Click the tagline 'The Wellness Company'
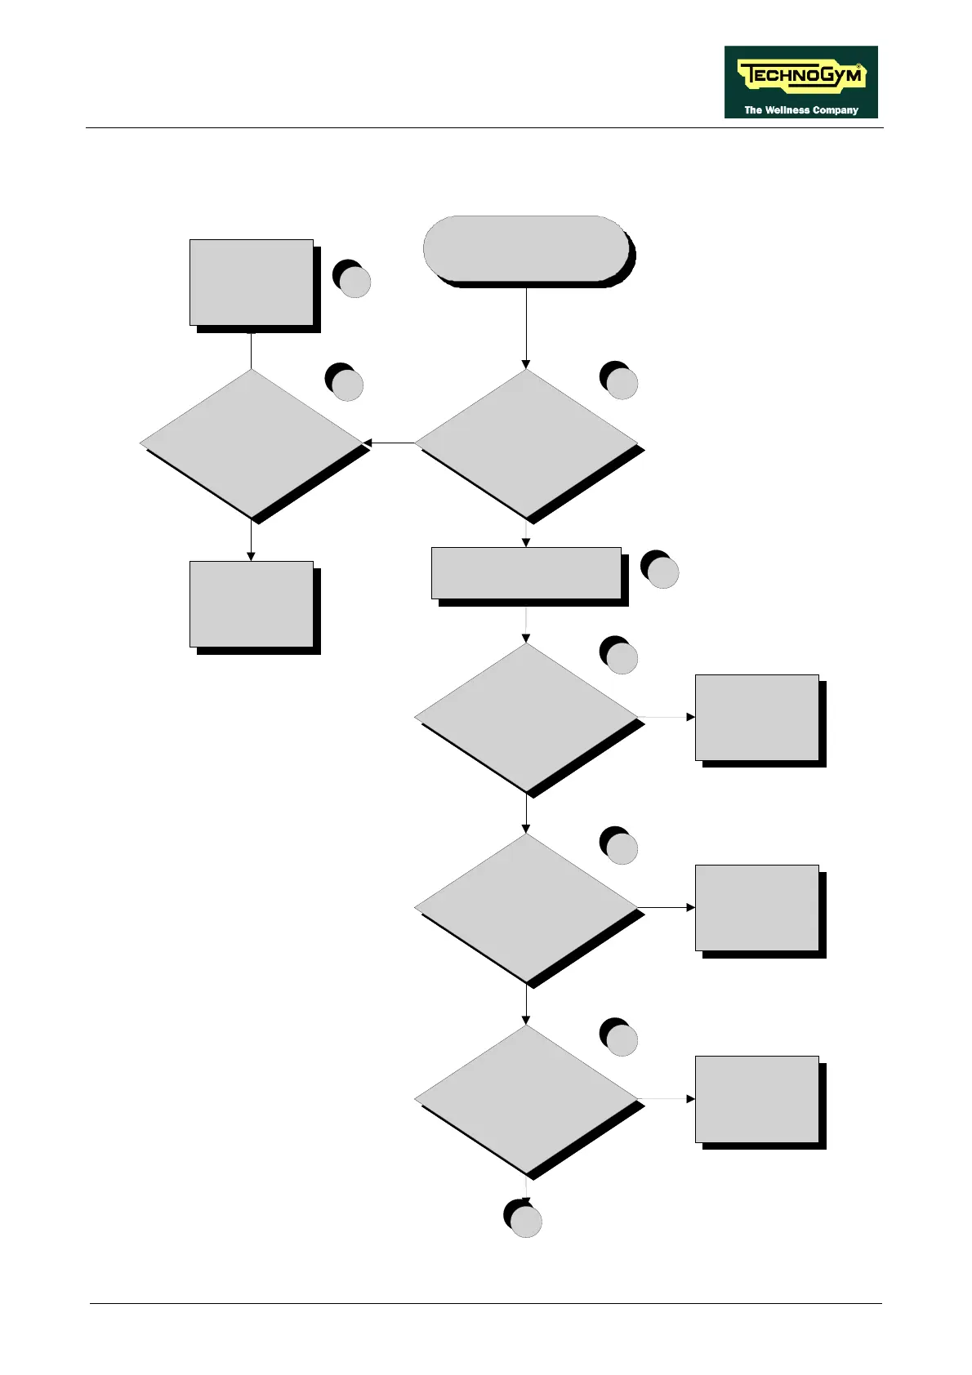click(800, 109)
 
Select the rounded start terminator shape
click(526, 248)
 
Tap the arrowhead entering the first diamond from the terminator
click(526, 364)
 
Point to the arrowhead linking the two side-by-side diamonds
click(368, 443)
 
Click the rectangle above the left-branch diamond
click(251, 282)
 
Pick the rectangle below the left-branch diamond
click(251, 603)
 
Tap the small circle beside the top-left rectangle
click(354, 283)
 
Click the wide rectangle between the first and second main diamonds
click(526, 572)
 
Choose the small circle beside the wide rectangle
click(662, 572)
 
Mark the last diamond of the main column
click(526, 1099)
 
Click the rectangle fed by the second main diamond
click(756, 717)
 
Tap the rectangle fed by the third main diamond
click(756, 907)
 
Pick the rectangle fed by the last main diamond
click(756, 1099)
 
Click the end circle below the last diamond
click(526, 1221)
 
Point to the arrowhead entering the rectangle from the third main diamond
click(690, 907)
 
